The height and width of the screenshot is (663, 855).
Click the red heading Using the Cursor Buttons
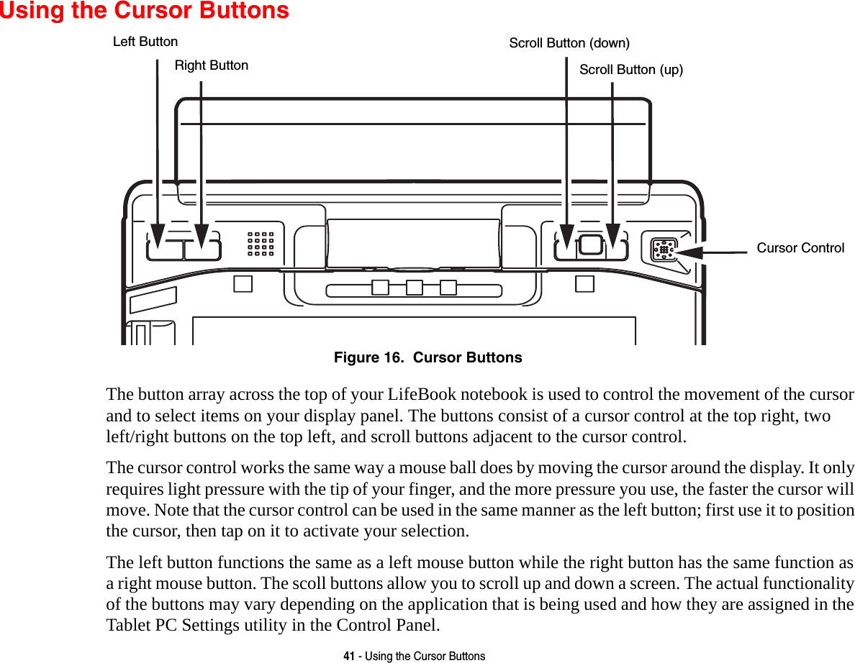click(x=144, y=11)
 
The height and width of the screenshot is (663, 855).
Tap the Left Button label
click(x=145, y=42)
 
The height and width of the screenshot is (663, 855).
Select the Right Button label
click(x=211, y=65)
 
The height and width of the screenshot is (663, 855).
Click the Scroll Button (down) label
click(x=569, y=43)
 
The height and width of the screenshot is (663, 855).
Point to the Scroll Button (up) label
click(x=630, y=70)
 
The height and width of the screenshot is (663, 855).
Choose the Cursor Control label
click(x=800, y=248)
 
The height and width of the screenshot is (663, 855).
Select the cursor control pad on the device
click(x=663, y=250)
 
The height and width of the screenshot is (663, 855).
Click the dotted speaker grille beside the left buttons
click(x=261, y=244)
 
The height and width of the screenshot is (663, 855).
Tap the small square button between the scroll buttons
click(x=590, y=244)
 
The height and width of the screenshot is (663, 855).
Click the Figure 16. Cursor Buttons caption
click(x=427, y=357)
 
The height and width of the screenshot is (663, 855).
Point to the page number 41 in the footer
click(x=349, y=656)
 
